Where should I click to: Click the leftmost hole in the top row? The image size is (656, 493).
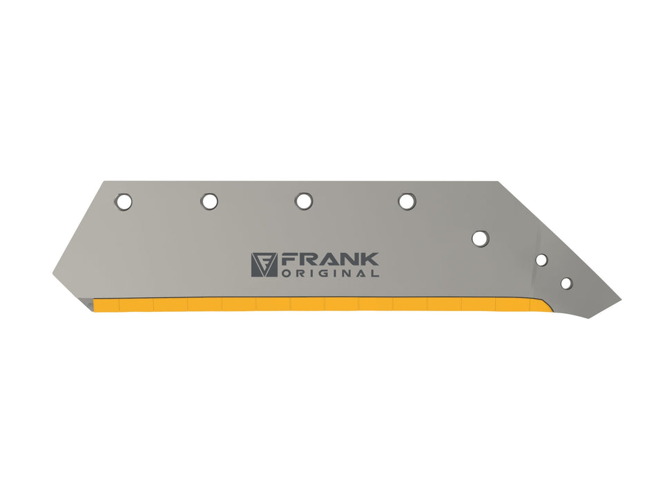pyautogui.click(x=123, y=202)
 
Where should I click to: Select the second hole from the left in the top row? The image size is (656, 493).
pyautogui.click(x=209, y=201)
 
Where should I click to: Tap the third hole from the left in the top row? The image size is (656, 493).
pyautogui.click(x=303, y=201)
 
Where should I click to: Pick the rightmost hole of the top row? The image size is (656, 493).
pyautogui.click(x=407, y=201)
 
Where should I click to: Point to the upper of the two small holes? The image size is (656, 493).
pyautogui.click(x=542, y=260)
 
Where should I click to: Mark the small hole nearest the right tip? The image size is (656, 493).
pyautogui.click(x=566, y=283)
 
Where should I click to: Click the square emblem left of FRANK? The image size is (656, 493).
pyautogui.click(x=264, y=265)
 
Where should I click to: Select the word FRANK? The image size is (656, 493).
pyautogui.click(x=329, y=259)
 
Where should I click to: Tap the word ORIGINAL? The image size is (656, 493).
pyautogui.click(x=331, y=273)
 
